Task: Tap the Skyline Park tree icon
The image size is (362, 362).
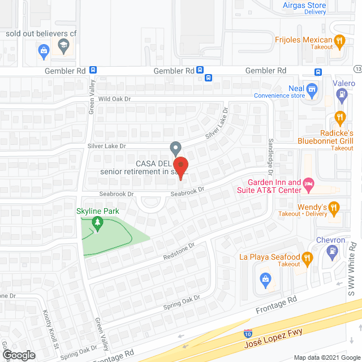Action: (x=98, y=224)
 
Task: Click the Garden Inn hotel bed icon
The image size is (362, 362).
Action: (x=308, y=184)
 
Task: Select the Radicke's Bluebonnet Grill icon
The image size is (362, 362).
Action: (x=339, y=118)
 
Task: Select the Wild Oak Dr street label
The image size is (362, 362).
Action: (x=114, y=98)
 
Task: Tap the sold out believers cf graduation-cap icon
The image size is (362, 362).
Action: (x=63, y=45)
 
